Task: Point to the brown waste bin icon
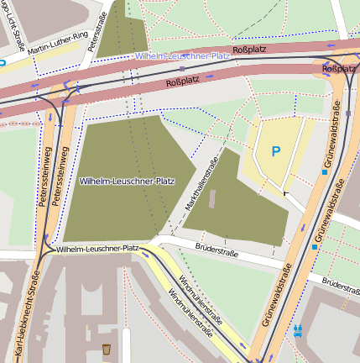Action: [x=106, y=348]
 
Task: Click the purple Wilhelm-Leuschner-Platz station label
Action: [x=182, y=56]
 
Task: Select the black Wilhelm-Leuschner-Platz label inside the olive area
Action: [x=126, y=181]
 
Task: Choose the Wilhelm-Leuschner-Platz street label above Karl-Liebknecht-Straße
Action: [x=97, y=249]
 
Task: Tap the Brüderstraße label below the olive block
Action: [x=216, y=250]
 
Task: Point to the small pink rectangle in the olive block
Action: [x=211, y=199]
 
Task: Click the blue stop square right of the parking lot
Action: [x=325, y=173]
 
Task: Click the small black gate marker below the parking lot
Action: [x=285, y=193]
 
